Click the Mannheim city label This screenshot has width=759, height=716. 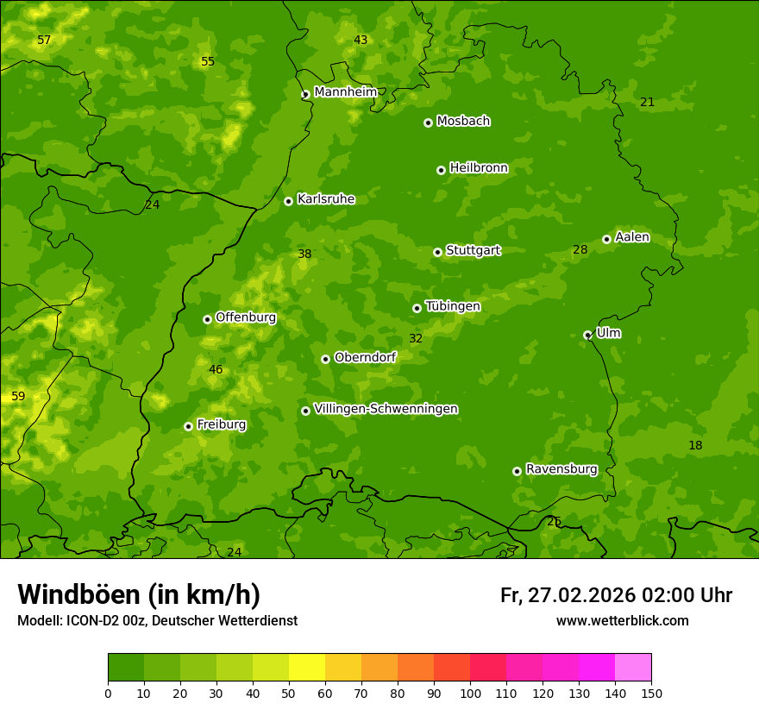(x=346, y=92)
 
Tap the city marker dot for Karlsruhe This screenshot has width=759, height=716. (x=288, y=201)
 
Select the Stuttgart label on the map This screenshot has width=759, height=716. (x=473, y=251)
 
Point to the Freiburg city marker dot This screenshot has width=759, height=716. (x=188, y=426)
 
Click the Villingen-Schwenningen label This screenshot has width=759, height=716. (x=386, y=409)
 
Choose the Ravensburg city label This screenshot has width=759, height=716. (x=561, y=469)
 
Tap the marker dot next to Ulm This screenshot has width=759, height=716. (x=587, y=335)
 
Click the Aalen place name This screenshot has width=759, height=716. (x=632, y=237)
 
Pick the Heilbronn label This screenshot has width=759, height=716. (x=479, y=168)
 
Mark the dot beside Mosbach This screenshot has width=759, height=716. (x=428, y=122)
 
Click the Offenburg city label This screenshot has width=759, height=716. (x=246, y=317)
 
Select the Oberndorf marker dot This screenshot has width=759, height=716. (x=325, y=359)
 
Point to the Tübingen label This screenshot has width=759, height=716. (x=453, y=306)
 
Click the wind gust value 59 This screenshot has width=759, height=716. (x=18, y=397)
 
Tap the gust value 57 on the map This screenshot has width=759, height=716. (x=44, y=41)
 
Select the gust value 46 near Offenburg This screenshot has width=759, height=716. (x=216, y=370)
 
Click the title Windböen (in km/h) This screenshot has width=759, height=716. (x=139, y=595)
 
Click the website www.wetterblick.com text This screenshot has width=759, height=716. (x=622, y=621)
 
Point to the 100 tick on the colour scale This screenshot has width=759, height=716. (x=470, y=693)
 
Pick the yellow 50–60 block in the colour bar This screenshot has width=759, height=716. (x=307, y=668)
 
